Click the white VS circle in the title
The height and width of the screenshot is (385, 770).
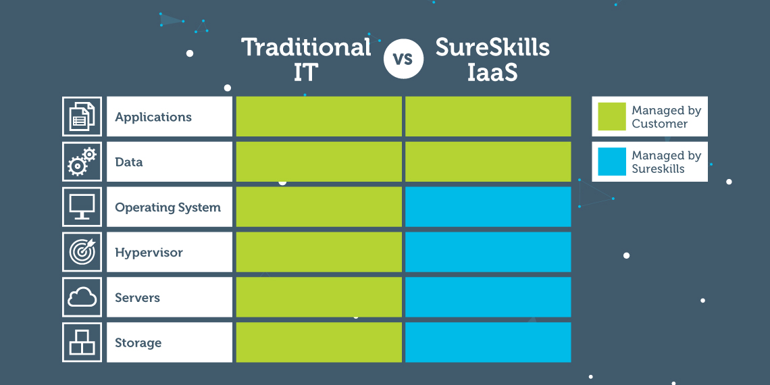click(x=404, y=59)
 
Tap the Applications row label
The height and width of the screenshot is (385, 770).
click(x=153, y=117)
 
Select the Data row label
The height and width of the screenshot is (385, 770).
click(x=128, y=162)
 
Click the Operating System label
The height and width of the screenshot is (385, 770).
click(x=168, y=208)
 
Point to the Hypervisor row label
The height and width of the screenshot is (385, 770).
click(x=149, y=253)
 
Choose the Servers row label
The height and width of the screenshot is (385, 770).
click(x=138, y=298)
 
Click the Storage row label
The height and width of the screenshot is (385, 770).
click(x=138, y=342)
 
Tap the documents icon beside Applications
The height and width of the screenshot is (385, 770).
click(x=82, y=116)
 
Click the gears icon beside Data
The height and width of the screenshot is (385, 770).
click(x=82, y=161)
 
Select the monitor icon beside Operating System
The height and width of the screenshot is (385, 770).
click(x=82, y=207)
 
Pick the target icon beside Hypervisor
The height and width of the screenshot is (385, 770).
click(x=82, y=252)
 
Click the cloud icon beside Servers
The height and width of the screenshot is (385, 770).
click(x=82, y=297)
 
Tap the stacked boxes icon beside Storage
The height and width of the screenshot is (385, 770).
click(x=82, y=342)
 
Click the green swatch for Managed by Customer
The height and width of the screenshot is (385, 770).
click(x=612, y=116)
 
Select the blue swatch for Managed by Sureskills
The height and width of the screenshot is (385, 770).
click(x=612, y=161)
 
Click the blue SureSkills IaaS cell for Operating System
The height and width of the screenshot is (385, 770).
click(x=488, y=207)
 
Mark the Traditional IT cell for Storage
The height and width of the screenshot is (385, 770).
click(x=319, y=342)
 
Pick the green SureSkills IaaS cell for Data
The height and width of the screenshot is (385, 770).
click(x=488, y=161)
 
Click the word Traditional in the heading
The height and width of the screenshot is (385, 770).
click(x=307, y=48)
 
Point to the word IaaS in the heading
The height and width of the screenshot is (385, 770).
click(x=492, y=72)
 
